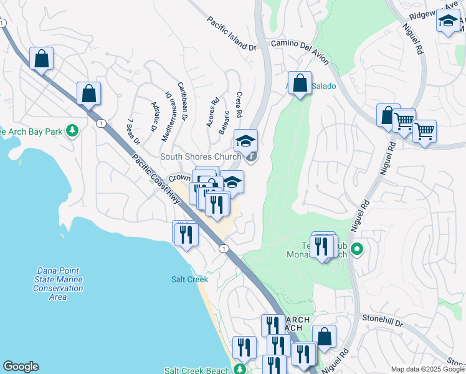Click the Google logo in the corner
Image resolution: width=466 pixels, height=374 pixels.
tap(21, 367)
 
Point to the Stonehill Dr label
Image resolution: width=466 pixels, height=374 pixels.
tap(383, 322)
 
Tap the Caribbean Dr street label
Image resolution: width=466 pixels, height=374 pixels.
tap(183, 100)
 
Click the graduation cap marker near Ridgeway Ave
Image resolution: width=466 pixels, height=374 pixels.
tap(448, 21)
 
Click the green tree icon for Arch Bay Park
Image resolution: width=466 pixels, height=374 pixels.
tap(74, 130)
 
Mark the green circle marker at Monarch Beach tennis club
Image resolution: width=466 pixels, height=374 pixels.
tap(357, 250)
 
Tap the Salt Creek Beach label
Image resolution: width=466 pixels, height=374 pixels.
tap(197, 370)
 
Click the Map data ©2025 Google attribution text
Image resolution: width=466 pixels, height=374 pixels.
tap(427, 369)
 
